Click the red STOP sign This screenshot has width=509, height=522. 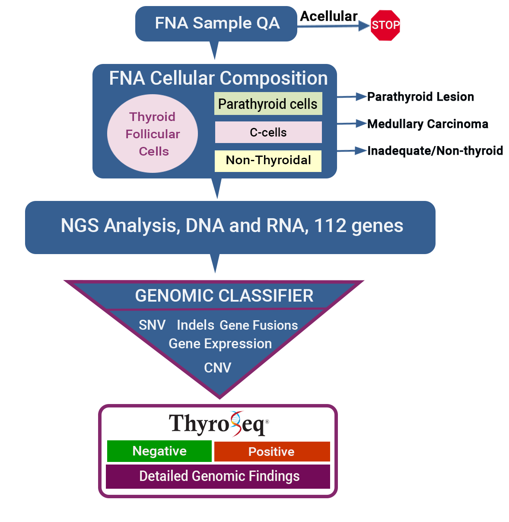(385, 25)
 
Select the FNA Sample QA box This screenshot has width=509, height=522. (216, 23)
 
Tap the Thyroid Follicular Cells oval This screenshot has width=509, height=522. (153, 134)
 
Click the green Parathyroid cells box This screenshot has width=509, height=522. (268, 104)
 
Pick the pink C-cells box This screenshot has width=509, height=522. (268, 132)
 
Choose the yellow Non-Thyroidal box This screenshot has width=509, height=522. (268, 160)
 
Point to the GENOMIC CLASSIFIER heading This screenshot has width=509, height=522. (224, 296)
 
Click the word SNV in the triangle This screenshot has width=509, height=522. (152, 325)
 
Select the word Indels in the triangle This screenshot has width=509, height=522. (195, 325)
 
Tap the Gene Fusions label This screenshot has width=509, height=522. (258, 325)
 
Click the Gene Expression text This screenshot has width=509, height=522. (220, 344)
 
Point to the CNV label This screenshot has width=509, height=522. (217, 368)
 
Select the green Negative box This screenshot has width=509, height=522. (159, 451)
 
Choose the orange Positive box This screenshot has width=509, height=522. (272, 452)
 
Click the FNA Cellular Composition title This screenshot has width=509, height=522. (218, 78)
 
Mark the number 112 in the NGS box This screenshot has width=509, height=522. (330, 226)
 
